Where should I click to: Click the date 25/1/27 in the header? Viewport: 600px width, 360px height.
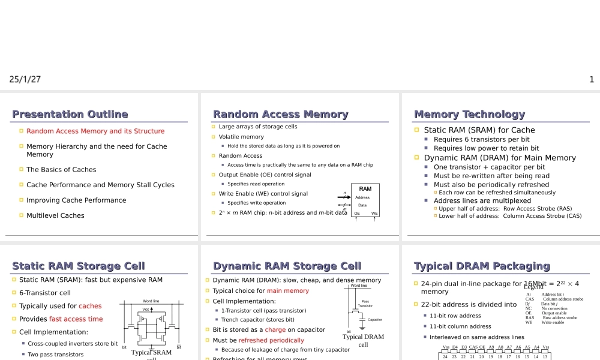pos(25,79)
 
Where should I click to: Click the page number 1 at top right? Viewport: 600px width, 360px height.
pos(592,79)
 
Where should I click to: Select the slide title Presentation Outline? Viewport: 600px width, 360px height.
pos(70,114)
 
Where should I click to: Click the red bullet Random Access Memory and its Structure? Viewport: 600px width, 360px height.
pos(95,131)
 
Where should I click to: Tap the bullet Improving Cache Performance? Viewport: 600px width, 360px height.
pos(76,200)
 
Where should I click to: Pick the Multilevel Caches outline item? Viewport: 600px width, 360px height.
pos(55,215)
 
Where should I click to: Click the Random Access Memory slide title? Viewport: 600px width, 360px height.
pos(280,114)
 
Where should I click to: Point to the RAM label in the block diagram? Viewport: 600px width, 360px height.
pos(365,189)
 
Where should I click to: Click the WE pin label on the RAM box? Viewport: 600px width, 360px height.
pos(374,213)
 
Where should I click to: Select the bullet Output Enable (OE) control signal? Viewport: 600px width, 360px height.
pos(265,175)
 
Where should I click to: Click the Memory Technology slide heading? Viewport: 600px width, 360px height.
pos(469,114)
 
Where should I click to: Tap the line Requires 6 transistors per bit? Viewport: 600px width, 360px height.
pos(481,140)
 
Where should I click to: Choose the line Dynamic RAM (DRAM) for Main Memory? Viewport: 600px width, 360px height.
pos(499,158)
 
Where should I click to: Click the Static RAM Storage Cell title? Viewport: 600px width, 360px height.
pos(79,266)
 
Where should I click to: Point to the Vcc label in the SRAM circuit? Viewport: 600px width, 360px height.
pos(145,309)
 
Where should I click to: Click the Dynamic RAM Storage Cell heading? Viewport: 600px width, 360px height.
pos(287,266)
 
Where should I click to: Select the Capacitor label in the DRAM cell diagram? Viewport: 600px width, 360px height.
pos(375,320)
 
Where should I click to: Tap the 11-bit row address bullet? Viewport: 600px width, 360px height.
pos(455,316)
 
